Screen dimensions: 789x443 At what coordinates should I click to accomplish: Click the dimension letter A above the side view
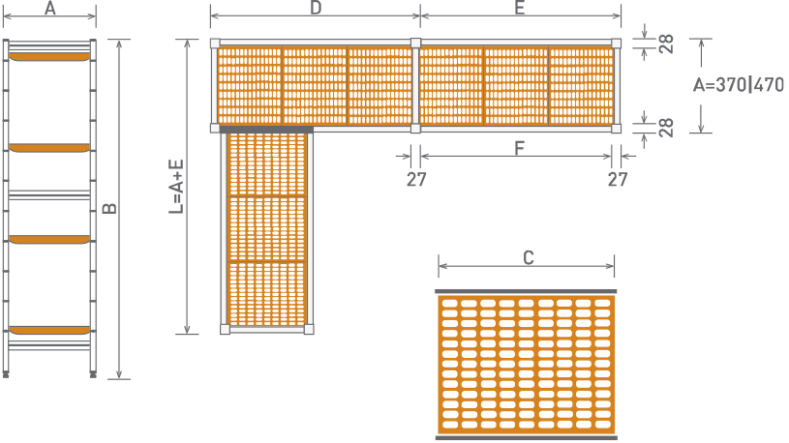pos(49,8)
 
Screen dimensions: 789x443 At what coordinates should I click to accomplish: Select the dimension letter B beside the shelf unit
pos(109,208)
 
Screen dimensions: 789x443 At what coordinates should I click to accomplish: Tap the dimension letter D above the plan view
pos(316,8)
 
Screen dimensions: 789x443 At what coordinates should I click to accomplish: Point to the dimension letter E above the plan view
pos(520,8)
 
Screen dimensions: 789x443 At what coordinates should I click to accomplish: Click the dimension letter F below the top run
pos(520,148)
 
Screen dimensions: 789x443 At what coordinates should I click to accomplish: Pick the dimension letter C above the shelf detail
pos(528,258)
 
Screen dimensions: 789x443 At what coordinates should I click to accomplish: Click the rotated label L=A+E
pos(176,187)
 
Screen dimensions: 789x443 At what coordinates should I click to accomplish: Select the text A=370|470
pos(739,84)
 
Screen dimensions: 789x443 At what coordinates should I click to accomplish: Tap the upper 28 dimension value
pos(666,44)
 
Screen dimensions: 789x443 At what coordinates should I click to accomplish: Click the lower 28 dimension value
pos(666,128)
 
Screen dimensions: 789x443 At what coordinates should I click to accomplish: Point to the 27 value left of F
pos(416,179)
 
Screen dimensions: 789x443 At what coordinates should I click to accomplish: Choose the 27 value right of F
pos(618,179)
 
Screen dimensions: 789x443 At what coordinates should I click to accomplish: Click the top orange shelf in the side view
pos(49,57)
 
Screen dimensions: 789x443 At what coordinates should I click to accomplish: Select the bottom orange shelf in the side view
pos(49,331)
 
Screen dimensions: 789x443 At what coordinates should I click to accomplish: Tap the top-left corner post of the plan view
pos(215,44)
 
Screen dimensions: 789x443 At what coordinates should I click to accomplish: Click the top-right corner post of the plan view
pos(617,44)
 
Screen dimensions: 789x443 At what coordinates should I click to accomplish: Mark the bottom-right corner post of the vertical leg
pos(309,330)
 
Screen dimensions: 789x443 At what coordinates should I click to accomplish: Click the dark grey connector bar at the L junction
pos(266,130)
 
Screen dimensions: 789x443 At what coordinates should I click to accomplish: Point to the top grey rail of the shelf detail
pos(526,291)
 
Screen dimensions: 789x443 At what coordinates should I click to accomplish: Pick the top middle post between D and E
pos(415,44)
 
